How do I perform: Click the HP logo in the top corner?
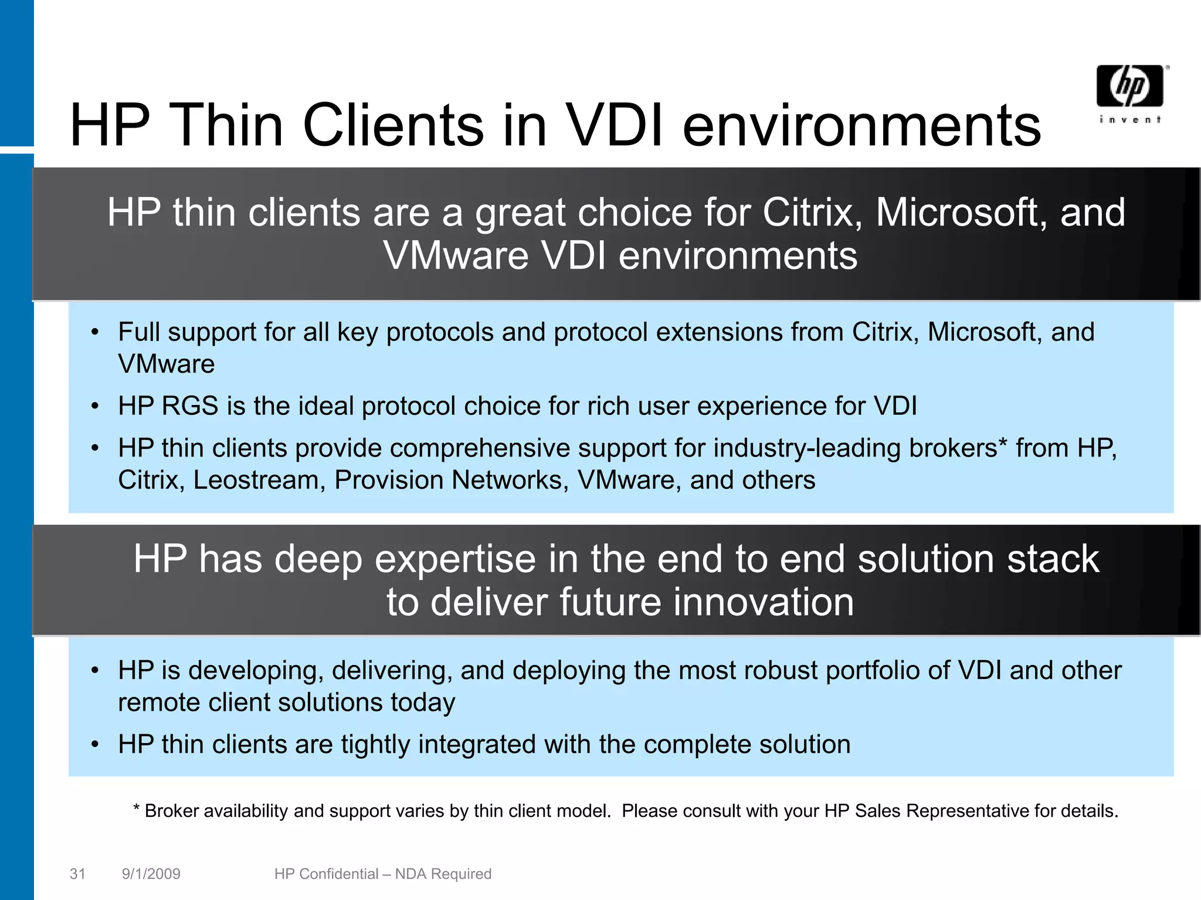(x=1129, y=86)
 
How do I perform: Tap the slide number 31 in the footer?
(x=77, y=874)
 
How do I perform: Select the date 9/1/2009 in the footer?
(x=151, y=874)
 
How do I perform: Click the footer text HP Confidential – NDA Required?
(x=382, y=874)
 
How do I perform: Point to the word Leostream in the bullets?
(x=259, y=480)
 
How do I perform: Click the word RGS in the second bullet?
(x=189, y=406)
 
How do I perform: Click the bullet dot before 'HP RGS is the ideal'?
(x=95, y=406)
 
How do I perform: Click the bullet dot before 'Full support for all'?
(x=95, y=332)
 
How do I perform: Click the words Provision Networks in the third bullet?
(x=451, y=480)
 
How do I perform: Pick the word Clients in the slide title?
(x=393, y=125)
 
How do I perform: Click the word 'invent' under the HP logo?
(x=1129, y=120)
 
